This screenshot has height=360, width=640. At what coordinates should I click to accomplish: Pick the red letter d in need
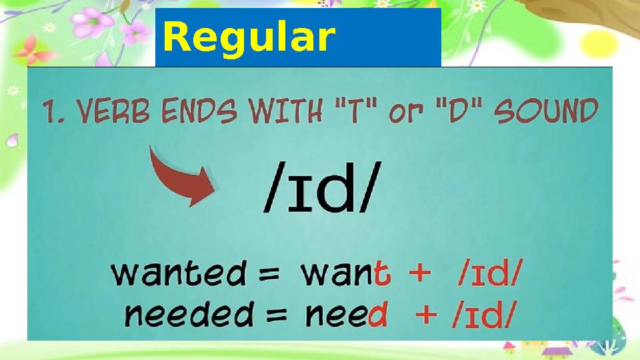pos(377,313)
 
